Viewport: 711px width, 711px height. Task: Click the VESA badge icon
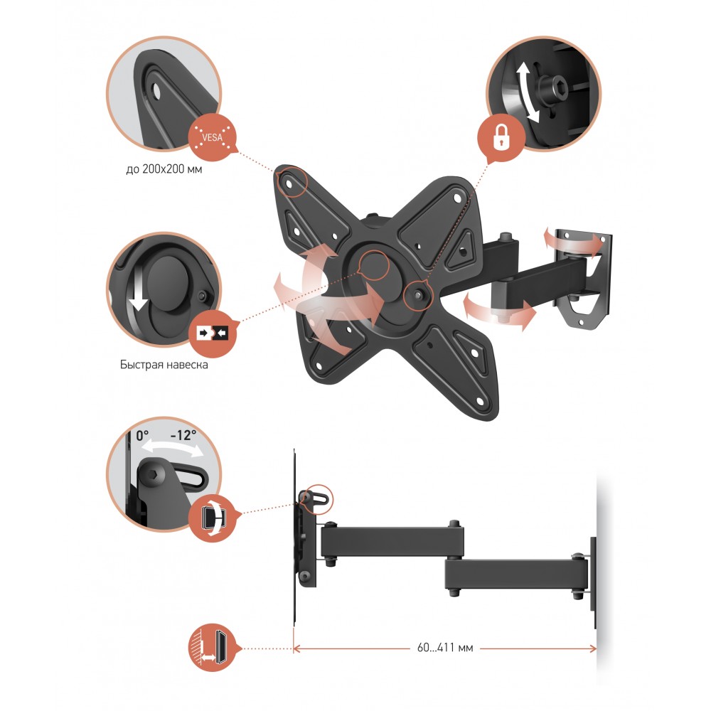(x=212, y=137)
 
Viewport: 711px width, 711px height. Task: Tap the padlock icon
(x=500, y=138)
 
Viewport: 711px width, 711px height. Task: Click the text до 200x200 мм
(x=164, y=169)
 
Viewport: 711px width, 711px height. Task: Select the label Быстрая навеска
(x=164, y=365)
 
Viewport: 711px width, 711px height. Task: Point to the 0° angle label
(x=142, y=436)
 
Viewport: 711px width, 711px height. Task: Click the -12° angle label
(x=183, y=435)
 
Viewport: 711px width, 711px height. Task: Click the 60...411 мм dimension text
(x=445, y=648)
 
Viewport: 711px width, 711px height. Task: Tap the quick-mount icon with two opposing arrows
(x=213, y=333)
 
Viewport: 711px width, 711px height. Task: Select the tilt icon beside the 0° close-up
(x=213, y=518)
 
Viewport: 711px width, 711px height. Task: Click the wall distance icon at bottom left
(x=213, y=648)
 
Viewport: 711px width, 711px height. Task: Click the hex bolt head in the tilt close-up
(x=154, y=475)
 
